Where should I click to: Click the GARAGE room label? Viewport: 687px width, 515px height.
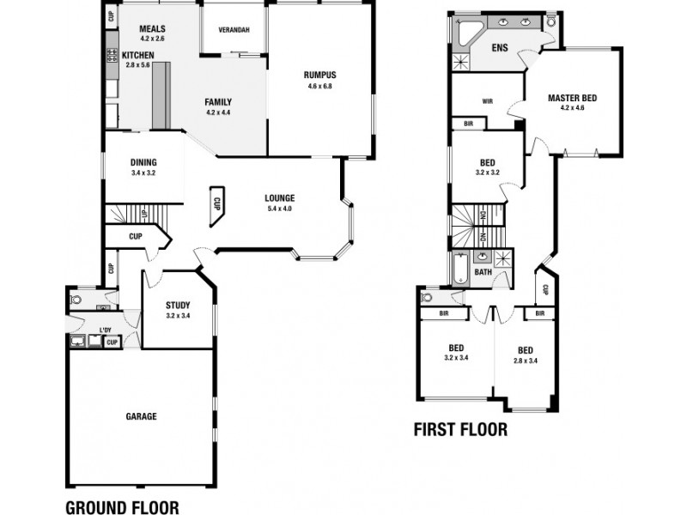coord(142,416)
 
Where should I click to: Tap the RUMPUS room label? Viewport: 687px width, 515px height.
coord(319,74)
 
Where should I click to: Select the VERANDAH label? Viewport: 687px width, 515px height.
coord(234,30)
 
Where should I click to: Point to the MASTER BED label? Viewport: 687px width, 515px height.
coord(572,98)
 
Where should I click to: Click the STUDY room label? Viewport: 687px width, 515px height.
coord(178,305)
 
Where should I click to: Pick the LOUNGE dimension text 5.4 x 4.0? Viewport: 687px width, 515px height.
coord(280,209)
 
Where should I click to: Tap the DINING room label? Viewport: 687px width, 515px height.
coord(143,162)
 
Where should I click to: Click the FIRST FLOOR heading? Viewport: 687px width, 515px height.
coord(460,429)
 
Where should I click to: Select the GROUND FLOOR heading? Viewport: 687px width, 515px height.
coord(123,506)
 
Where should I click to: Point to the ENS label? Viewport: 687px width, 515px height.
coord(500,47)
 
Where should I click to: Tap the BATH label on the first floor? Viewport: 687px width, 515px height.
coord(483,272)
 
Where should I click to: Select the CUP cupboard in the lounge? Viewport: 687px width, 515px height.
coord(216,205)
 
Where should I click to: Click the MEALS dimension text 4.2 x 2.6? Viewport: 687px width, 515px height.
coord(152,39)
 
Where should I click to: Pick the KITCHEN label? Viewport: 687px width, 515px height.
coord(138,54)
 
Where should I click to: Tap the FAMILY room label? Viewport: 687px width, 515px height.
coord(218,101)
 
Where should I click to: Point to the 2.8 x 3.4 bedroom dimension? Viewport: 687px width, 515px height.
coord(526,360)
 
